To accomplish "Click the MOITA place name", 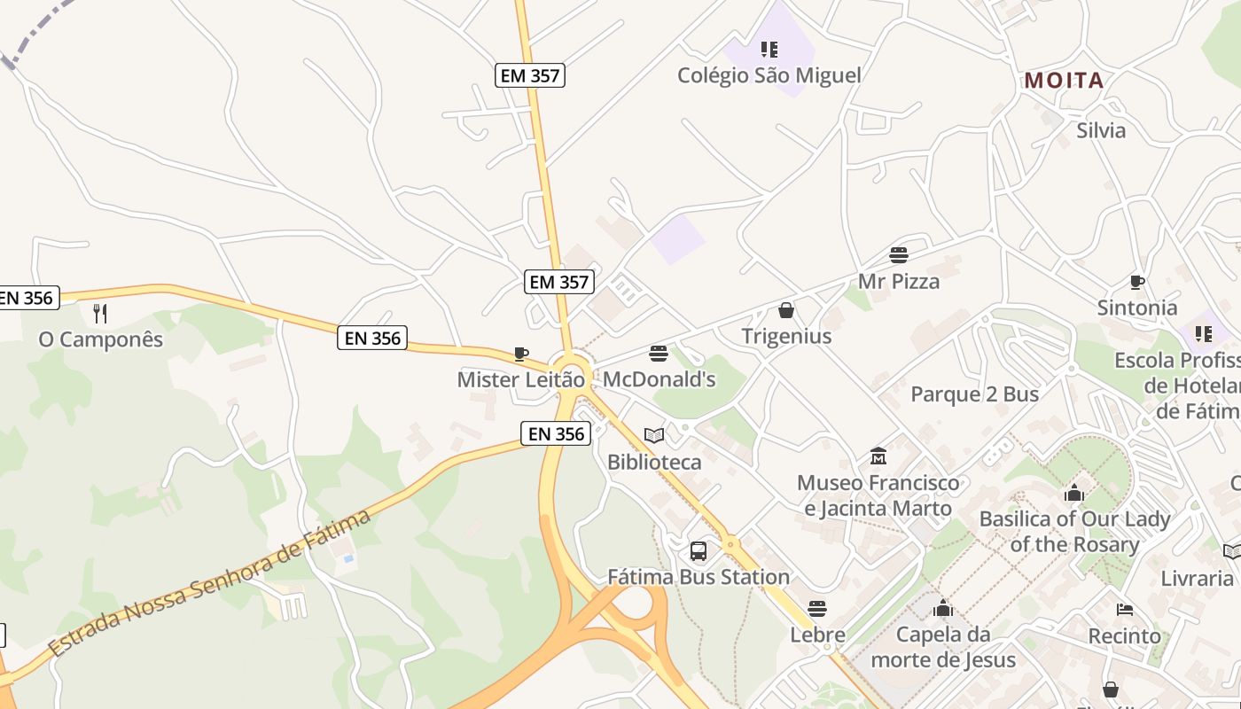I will pyautogui.click(x=1064, y=81).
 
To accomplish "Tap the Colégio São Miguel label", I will pyautogui.click(x=769, y=75).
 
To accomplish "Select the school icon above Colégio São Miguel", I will pyautogui.click(x=769, y=50).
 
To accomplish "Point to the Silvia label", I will pyautogui.click(x=1101, y=130).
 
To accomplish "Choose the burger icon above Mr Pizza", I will pyautogui.click(x=899, y=255).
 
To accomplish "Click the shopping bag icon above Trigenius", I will pyautogui.click(x=785, y=310).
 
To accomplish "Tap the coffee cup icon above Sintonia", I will pyautogui.click(x=1137, y=283).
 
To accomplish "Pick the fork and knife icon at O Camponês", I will pyautogui.click(x=100, y=313).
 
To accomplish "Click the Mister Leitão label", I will pyautogui.click(x=520, y=380).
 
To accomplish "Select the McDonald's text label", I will pyautogui.click(x=659, y=380).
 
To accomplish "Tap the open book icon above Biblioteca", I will pyautogui.click(x=654, y=435).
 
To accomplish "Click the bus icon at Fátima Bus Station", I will pyautogui.click(x=699, y=551).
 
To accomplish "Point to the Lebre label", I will pyautogui.click(x=817, y=635).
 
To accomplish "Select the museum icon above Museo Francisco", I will pyautogui.click(x=878, y=456).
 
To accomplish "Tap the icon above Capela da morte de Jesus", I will pyautogui.click(x=943, y=609).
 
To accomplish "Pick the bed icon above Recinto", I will pyautogui.click(x=1125, y=610).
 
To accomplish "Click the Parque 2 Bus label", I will pyautogui.click(x=974, y=394).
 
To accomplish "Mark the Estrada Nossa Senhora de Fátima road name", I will pyautogui.click(x=210, y=581).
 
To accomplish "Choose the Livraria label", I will pyautogui.click(x=1197, y=579).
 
